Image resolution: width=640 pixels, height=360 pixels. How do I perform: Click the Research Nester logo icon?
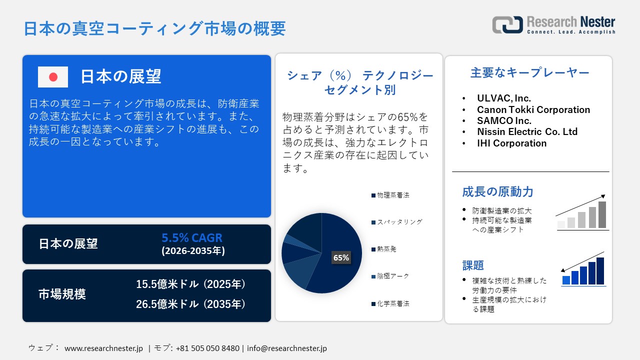pos(507,24)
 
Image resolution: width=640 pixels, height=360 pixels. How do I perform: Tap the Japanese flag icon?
pos(53,77)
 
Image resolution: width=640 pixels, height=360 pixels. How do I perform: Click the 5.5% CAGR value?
pos(192,238)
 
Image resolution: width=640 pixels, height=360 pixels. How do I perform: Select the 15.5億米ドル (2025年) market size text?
pos(191,284)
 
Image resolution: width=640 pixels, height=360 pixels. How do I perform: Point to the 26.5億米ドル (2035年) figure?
pos(191,304)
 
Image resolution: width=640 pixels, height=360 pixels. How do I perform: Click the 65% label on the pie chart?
pos(341,258)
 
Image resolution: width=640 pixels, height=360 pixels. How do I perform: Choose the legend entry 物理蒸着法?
pos(393,195)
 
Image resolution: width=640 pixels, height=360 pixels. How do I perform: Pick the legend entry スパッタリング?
pos(399,222)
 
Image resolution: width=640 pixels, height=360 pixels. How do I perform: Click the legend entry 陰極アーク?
pos(393,276)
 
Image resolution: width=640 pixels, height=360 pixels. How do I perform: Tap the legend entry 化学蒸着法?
pos(393,303)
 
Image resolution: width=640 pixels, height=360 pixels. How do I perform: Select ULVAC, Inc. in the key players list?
pos(504,98)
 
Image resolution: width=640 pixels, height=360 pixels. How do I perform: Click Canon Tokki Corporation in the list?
pos(533,109)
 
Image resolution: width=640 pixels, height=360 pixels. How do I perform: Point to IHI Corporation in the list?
pos(511,143)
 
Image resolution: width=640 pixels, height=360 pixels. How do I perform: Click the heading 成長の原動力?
pos(497,192)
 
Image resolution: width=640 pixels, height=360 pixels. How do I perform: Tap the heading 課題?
pos(473,265)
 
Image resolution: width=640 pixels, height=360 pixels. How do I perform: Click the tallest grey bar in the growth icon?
pos(602,215)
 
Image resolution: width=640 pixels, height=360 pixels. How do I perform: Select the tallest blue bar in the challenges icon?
pos(600,271)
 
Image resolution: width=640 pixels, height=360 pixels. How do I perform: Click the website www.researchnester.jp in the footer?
pos(104,348)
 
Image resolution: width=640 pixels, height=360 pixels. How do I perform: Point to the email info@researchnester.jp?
pos(287,348)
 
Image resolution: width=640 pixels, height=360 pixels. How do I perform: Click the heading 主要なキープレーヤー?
pos(529,73)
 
